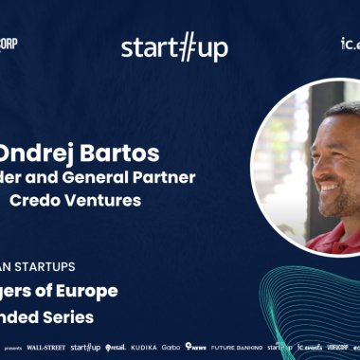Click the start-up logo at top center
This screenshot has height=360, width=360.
(174, 47)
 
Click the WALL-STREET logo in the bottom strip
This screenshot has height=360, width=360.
(45, 348)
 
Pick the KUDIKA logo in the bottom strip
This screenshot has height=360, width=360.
(144, 348)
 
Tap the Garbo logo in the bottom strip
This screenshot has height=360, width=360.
(171, 348)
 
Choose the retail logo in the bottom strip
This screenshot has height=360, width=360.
(116, 348)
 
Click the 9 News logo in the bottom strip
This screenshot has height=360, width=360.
(196, 348)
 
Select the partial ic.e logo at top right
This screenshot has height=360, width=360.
(350, 44)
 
